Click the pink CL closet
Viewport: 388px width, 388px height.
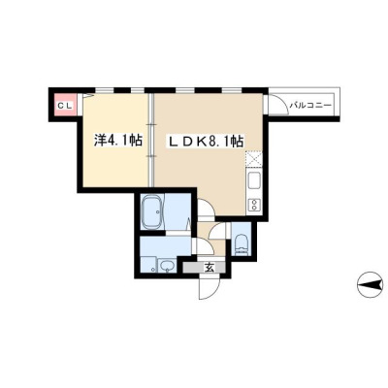66,105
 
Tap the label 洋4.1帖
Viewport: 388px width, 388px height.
118,140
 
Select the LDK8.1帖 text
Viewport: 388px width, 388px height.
205,142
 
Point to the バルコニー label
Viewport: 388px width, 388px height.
310,106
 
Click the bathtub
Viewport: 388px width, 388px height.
152,211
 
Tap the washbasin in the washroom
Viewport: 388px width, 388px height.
167,266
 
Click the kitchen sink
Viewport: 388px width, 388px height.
253,182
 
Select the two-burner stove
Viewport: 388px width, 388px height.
253,205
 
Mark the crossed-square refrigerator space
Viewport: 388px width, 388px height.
253,159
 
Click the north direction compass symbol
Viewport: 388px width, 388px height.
370,284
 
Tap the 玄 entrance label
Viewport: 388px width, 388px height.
210,267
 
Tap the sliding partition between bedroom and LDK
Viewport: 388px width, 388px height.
151,140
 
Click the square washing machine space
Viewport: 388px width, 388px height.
148,264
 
